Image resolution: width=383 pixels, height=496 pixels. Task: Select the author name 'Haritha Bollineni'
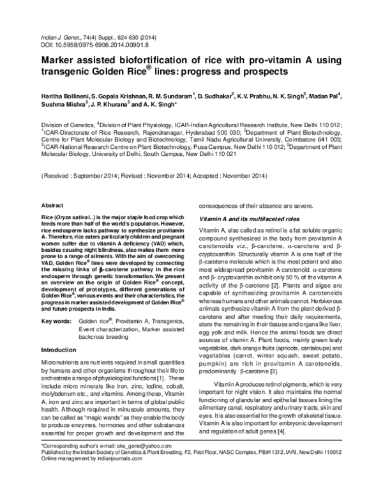click(x=66, y=95)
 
